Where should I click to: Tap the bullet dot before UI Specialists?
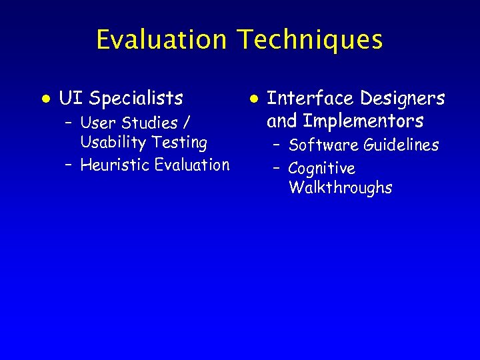point(45,98)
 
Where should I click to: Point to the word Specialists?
point(136,99)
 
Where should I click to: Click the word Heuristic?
point(115,165)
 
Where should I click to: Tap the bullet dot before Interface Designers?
point(253,98)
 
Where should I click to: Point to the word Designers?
point(402,99)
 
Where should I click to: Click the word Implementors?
point(363,121)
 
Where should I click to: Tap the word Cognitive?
point(321,169)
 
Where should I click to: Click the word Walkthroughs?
point(340,188)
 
